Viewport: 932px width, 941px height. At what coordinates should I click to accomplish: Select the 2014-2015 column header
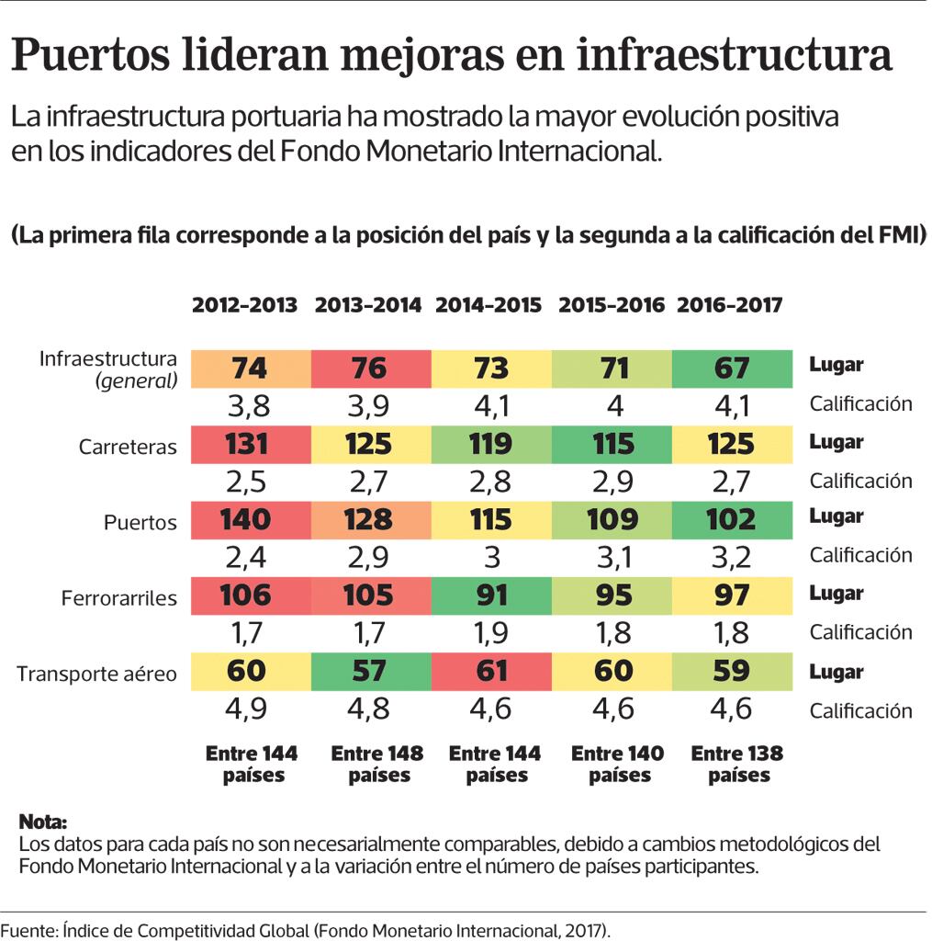tap(488, 306)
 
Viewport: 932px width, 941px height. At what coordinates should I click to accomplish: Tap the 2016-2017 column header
tap(730, 306)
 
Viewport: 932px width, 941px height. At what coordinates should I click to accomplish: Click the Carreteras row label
tap(128, 447)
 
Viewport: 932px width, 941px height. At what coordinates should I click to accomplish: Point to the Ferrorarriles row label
tap(118, 598)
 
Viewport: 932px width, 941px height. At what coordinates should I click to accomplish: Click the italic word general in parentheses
tap(137, 380)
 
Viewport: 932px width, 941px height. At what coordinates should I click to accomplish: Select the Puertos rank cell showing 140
tap(245, 519)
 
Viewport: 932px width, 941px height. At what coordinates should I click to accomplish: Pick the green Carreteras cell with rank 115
tap(612, 444)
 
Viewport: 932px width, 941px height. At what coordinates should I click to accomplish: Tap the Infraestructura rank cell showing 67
tap(732, 368)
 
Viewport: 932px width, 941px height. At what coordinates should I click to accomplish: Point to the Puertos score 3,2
tap(732, 556)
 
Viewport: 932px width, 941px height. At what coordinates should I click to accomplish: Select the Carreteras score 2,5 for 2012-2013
tap(245, 481)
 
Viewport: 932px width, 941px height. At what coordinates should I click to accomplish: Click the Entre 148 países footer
tap(376, 765)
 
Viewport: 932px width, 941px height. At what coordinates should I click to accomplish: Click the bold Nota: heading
tap(43, 821)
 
